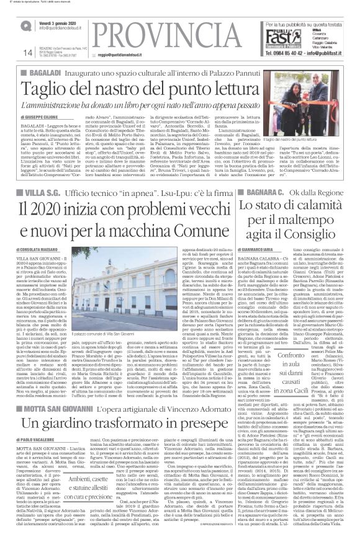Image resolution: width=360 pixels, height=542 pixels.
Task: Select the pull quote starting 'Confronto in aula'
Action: click(268, 387)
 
